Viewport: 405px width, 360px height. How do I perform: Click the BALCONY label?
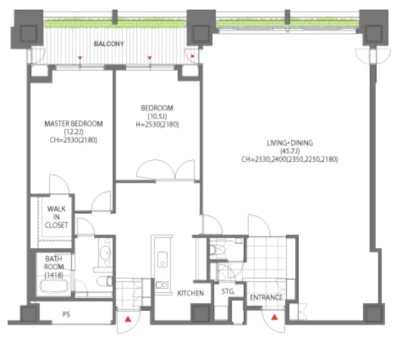pyautogui.click(x=109, y=43)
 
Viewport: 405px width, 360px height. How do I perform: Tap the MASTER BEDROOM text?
pyautogui.click(x=73, y=124)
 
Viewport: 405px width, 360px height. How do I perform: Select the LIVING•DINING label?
pyautogui.click(x=289, y=143)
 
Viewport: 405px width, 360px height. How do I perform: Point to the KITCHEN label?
pyautogui.click(x=190, y=293)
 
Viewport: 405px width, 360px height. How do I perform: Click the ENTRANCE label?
pyautogui.click(x=266, y=297)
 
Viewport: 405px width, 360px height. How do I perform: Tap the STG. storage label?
pyautogui.click(x=228, y=292)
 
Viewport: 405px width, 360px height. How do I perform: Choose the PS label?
pyautogui.click(x=66, y=314)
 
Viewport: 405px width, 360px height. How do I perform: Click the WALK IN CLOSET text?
pyautogui.click(x=56, y=217)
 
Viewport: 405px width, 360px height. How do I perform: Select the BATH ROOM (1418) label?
pyautogui.click(x=53, y=267)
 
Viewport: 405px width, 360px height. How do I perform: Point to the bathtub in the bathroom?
pyautogui.click(x=53, y=287)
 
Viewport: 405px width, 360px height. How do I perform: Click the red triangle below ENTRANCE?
pyautogui.click(x=275, y=317)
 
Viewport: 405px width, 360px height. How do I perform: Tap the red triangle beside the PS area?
pyautogui.click(x=128, y=319)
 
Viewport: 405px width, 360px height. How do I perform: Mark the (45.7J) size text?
pyautogui.click(x=289, y=151)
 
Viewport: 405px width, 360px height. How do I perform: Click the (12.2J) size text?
pyautogui.click(x=73, y=132)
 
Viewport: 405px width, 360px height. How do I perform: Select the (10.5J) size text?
pyautogui.click(x=157, y=116)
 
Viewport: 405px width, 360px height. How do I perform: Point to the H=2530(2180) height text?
pyautogui.click(x=157, y=125)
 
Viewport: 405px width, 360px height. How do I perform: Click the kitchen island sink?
pyautogui.click(x=163, y=259)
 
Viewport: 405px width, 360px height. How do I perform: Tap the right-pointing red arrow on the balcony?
pyautogui.click(x=193, y=56)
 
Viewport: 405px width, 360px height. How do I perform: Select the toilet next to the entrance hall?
pyautogui.click(x=217, y=250)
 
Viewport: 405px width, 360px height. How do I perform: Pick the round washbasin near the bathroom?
pyautogui.click(x=106, y=252)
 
